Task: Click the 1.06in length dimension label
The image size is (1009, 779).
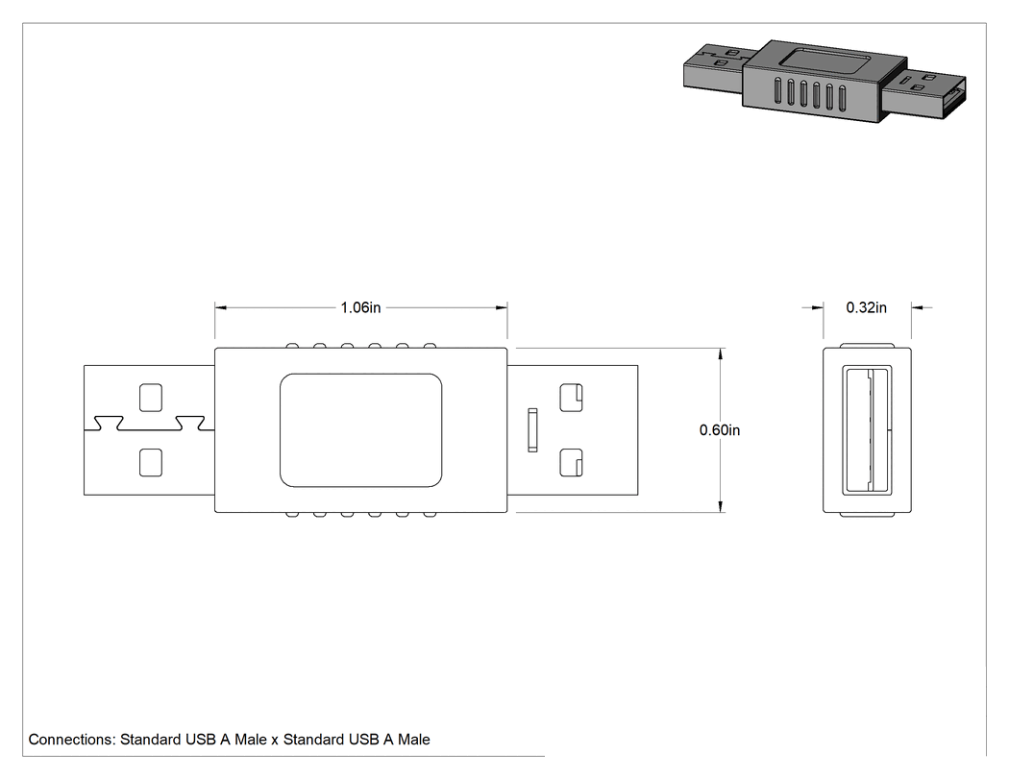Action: coord(360,307)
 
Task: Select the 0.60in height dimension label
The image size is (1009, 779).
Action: coord(720,429)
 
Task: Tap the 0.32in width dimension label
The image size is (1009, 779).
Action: coord(866,307)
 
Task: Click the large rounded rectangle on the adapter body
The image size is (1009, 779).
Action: coord(361,429)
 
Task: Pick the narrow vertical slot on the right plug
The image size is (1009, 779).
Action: coord(532,429)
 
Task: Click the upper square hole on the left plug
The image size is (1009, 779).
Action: coord(151,398)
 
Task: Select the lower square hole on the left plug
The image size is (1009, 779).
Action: coord(151,463)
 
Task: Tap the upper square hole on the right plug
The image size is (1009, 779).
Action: coord(571,398)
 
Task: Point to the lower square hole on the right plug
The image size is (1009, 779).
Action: coord(571,463)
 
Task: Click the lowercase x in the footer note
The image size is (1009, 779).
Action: coord(275,741)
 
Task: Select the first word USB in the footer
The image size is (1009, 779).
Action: coord(200,740)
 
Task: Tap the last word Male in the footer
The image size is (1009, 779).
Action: coord(414,740)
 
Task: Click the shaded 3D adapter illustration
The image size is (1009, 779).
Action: coord(824,81)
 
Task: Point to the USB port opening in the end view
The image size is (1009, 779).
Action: coord(867,429)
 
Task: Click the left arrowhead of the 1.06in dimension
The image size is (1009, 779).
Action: coord(221,307)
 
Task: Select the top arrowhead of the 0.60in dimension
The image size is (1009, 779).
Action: coord(720,354)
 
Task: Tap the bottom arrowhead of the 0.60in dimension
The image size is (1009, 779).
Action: coord(720,506)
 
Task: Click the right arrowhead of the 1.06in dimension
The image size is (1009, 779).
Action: coord(502,307)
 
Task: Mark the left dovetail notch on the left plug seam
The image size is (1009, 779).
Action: coord(109,424)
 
